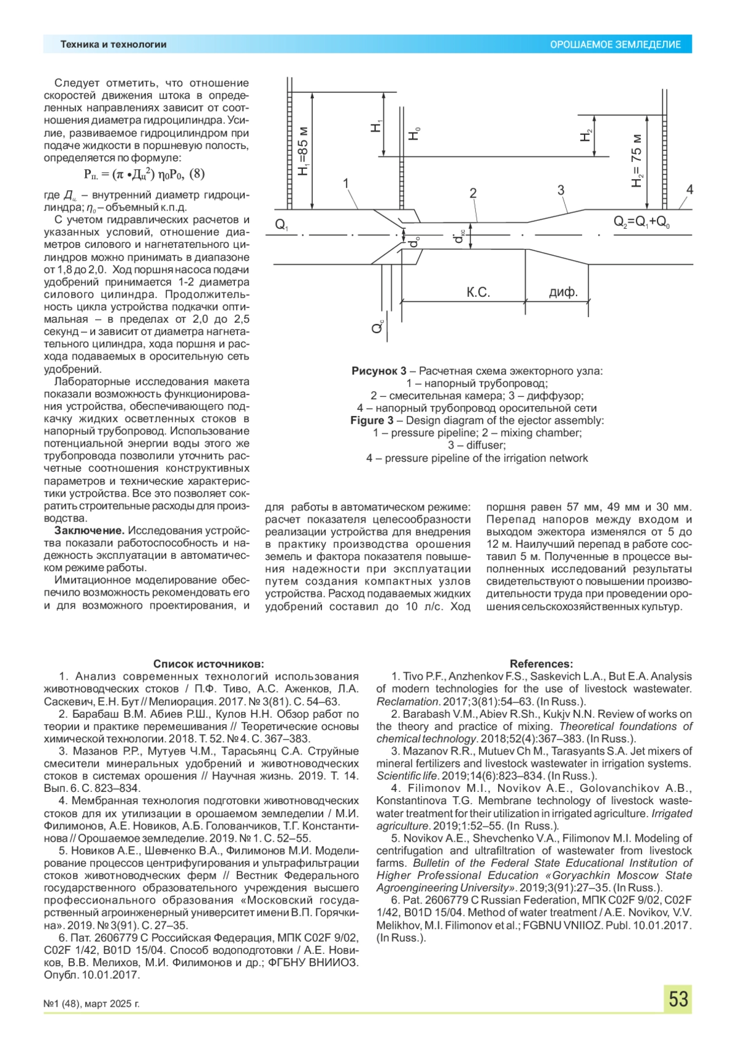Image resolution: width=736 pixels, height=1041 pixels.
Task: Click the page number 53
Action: coord(678,999)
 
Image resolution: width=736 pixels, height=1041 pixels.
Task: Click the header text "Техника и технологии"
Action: coord(113,44)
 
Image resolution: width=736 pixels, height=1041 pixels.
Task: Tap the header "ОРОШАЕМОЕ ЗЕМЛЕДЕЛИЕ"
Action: coord(615,45)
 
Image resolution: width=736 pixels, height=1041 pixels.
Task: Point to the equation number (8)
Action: coord(196,174)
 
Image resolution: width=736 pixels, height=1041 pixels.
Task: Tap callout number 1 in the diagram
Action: coord(346,183)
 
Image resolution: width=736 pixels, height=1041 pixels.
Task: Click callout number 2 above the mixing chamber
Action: coord(473,193)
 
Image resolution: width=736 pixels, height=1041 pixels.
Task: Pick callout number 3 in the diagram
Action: coord(561,190)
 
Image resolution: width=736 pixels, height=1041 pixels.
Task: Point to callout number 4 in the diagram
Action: coord(689,190)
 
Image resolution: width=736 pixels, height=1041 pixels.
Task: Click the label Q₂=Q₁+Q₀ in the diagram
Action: coord(642,222)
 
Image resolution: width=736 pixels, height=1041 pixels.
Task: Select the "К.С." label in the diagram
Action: coord(478,293)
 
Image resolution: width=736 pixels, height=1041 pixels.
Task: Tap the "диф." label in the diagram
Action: coord(563,293)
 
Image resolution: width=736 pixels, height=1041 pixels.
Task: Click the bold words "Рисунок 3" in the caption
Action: coord(378,371)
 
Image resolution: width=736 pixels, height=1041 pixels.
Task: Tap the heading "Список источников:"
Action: coord(209,664)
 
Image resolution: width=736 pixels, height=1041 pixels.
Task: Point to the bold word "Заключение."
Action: coord(90,531)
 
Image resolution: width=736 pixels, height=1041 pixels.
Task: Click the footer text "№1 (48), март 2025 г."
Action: coord(92,1004)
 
